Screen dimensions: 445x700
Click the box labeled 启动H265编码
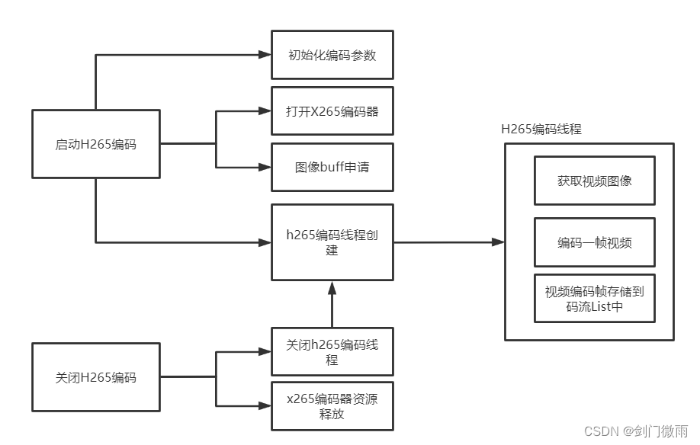(95, 143)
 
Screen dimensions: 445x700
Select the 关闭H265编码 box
(95, 376)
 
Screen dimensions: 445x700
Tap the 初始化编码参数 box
(332, 55)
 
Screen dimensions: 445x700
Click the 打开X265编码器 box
(332, 110)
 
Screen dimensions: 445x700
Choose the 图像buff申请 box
(332, 167)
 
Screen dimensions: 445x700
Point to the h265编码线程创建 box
(332, 242)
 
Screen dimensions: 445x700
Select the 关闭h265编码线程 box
(332, 352)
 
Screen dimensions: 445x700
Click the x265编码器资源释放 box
(332, 406)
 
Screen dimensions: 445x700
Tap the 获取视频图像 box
(594, 181)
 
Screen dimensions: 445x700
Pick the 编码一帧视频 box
(594, 242)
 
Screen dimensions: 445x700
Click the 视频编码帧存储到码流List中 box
(594, 298)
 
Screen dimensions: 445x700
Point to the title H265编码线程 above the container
(541, 129)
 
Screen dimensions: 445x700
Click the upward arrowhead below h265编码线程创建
(332, 287)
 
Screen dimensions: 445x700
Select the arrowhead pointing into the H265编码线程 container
(497, 242)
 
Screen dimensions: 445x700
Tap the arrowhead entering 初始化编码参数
(265, 55)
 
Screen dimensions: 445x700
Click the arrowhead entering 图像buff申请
(265, 167)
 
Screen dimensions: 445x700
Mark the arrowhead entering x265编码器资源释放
(265, 405)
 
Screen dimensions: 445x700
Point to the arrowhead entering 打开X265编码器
(265, 111)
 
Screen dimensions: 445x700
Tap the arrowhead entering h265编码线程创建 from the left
(265, 242)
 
